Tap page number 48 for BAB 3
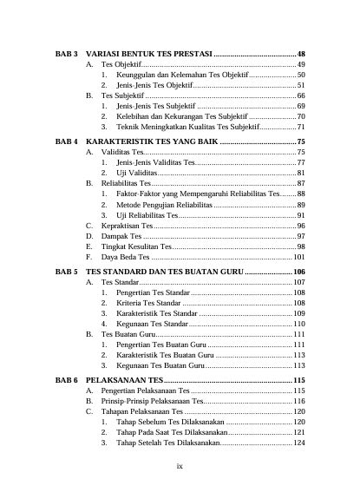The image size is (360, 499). [300, 54]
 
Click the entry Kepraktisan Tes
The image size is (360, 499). [128, 225]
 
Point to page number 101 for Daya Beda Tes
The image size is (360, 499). [298, 258]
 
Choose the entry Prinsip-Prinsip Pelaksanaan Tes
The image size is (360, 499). [153, 402]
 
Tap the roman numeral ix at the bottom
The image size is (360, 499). [180, 467]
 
